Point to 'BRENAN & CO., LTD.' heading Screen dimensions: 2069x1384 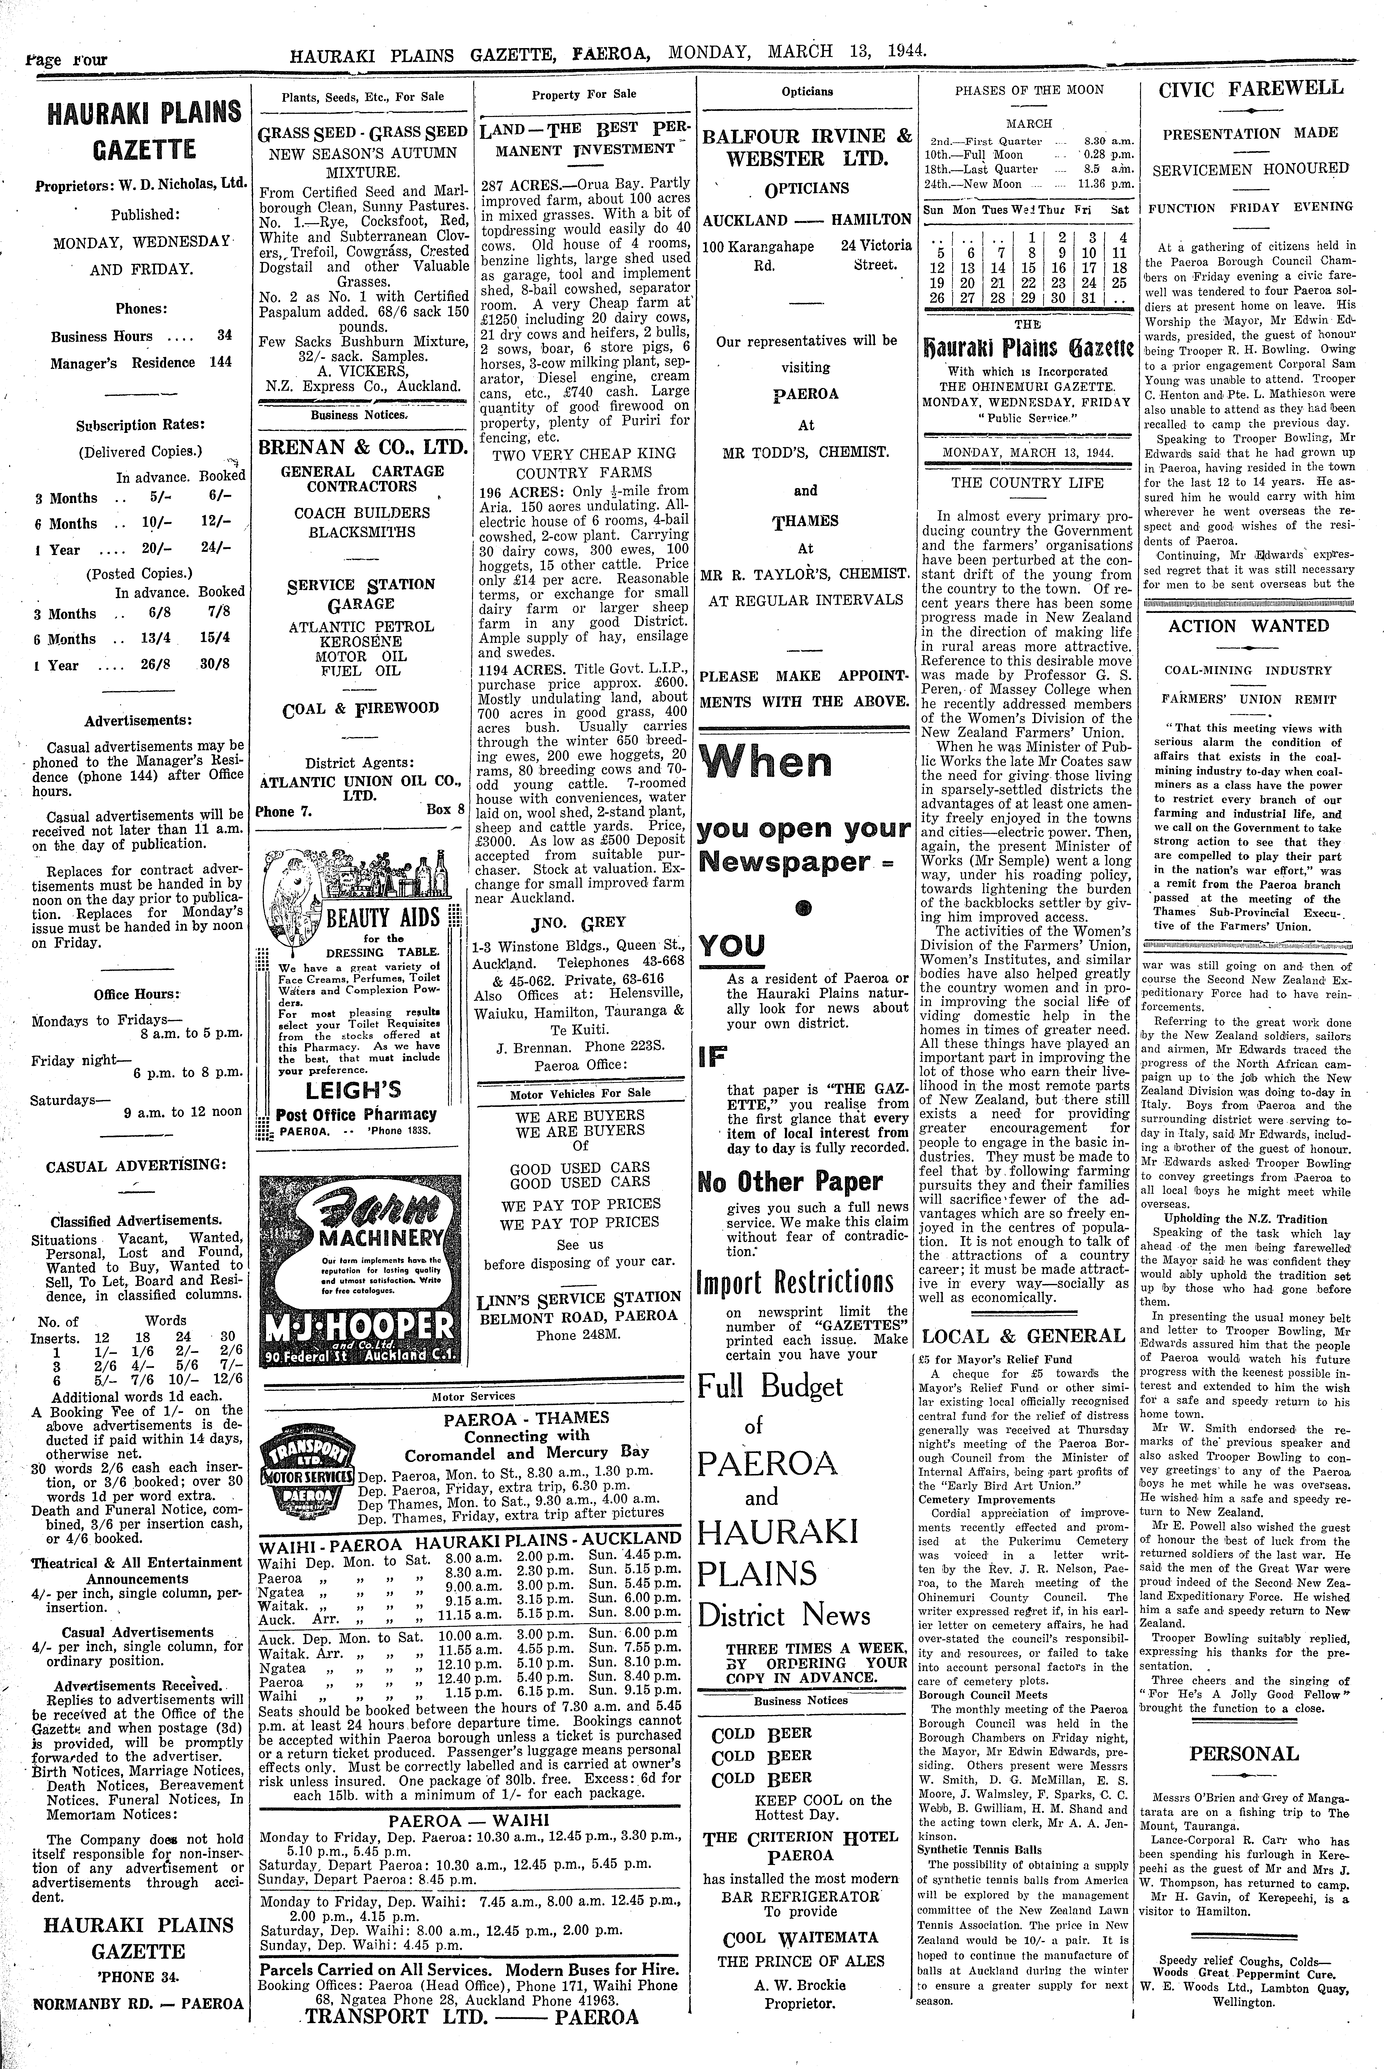coord(363,448)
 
